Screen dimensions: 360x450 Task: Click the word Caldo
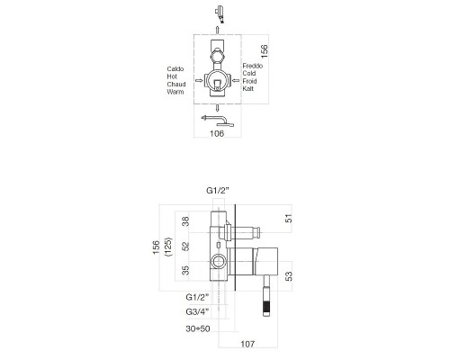tap(176, 68)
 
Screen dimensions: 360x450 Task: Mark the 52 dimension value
tap(185, 245)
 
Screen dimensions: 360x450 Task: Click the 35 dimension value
tap(185, 269)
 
